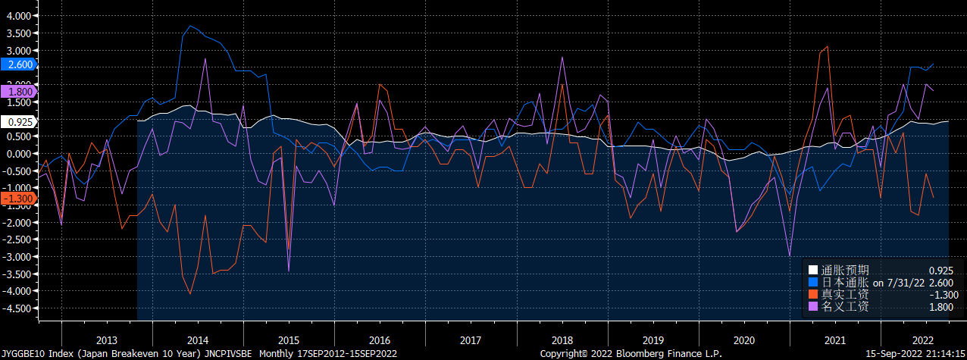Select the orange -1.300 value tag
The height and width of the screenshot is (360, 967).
click(x=17, y=198)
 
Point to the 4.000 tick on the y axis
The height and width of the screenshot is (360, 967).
click(x=18, y=16)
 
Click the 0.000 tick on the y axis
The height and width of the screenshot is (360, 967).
click(x=18, y=154)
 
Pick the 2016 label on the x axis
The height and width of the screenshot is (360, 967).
click(x=379, y=340)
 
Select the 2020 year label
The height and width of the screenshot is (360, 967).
click(x=743, y=340)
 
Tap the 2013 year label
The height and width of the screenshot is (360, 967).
click(x=106, y=340)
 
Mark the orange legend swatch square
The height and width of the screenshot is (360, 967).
click(x=813, y=294)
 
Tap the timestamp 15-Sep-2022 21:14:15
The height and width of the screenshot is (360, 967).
click(x=912, y=354)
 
